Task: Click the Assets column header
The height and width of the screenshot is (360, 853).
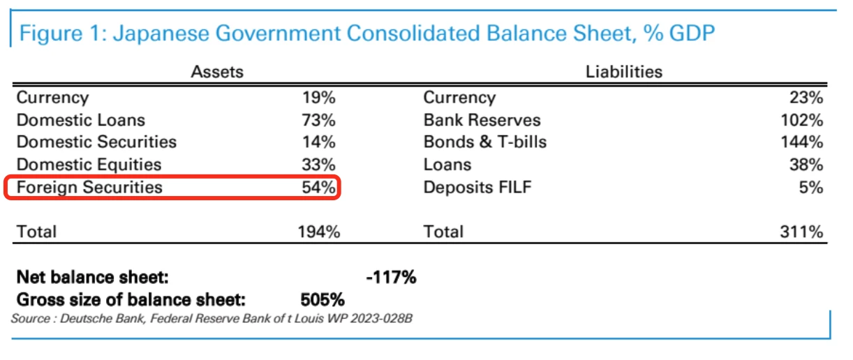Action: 217,71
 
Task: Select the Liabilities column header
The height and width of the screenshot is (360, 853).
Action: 623,71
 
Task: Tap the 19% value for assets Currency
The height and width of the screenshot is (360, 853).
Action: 318,98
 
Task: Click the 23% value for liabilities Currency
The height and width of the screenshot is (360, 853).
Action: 807,98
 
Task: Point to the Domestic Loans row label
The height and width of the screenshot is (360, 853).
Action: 81,120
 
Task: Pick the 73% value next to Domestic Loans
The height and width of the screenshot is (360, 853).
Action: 318,120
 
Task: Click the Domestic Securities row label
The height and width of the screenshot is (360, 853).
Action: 96,142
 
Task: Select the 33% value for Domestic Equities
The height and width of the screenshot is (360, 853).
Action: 318,165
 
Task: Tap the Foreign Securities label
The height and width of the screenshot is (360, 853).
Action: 89,187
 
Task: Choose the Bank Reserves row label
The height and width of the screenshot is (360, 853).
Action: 482,120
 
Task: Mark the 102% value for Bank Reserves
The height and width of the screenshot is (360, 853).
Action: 803,120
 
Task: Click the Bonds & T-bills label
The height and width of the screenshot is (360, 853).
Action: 485,142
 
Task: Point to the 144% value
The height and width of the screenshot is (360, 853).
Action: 803,142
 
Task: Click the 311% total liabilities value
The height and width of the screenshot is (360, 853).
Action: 803,232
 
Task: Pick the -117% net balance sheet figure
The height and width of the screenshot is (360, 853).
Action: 391,278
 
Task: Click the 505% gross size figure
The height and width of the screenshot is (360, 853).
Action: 322,300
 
